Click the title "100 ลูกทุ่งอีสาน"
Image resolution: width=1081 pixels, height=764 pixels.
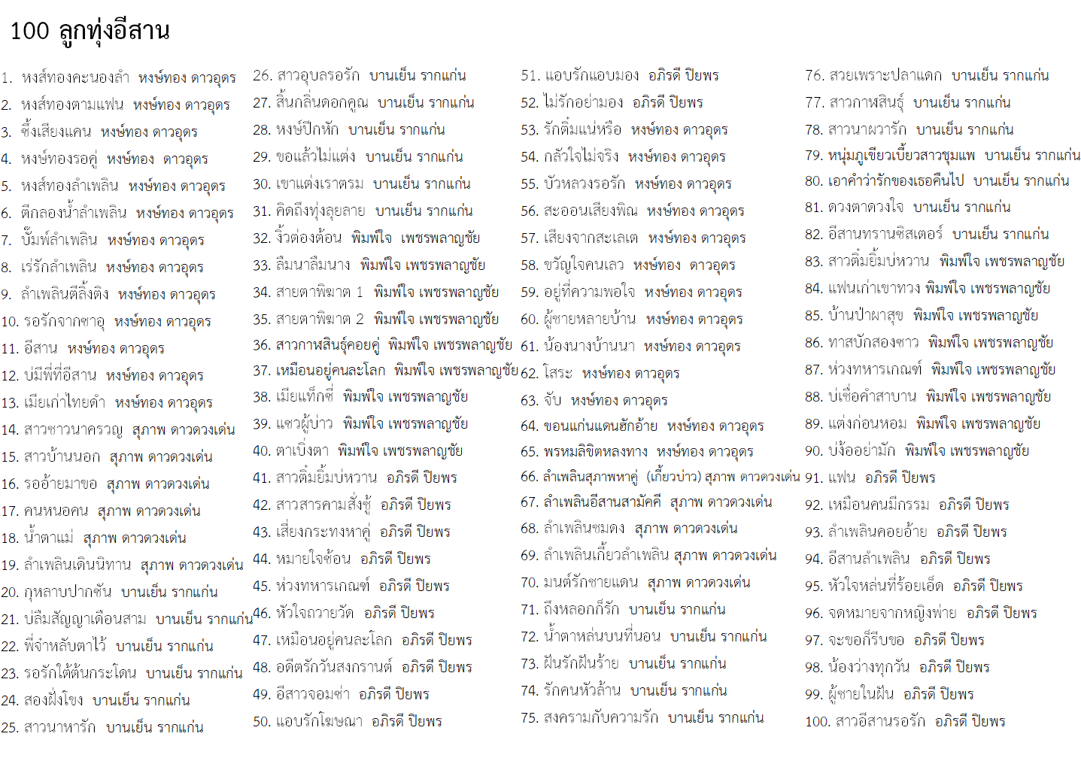90,32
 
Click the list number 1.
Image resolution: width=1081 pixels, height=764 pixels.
7,78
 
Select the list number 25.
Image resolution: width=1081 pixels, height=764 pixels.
10,728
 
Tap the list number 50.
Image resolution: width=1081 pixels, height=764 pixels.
261,722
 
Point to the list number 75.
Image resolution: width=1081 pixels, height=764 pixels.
529,718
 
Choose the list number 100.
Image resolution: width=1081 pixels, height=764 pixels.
817,722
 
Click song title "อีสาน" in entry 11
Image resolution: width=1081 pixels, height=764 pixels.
41,349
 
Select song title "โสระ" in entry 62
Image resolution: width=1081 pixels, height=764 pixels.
557,373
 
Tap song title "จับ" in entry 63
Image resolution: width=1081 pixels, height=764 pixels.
552,400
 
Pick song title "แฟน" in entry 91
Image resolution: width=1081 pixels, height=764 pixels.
842,478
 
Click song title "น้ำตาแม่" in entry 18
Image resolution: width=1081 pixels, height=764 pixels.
48,538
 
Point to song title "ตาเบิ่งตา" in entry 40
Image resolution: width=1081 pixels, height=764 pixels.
302,451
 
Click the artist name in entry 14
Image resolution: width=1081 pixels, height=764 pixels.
184,430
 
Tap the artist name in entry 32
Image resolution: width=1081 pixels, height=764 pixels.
415,238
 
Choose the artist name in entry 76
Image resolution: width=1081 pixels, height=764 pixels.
1000,76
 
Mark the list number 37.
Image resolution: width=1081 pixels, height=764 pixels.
261,371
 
